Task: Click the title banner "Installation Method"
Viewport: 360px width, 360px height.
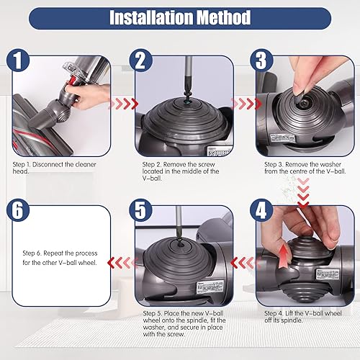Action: point(180,17)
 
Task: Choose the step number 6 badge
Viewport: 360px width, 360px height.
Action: point(19,212)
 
